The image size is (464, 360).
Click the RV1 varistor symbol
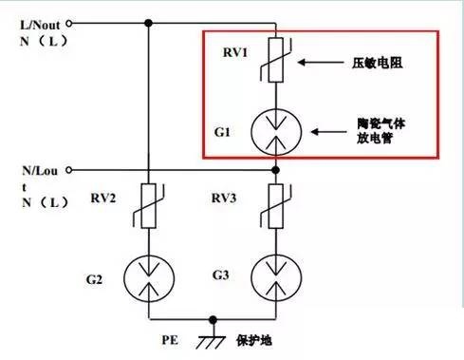(x=276, y=60)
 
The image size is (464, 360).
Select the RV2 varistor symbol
(x=148, y=206)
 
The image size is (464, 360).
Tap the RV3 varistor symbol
(x=276, y=206)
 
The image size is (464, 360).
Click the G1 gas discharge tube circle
(x=276, y=132)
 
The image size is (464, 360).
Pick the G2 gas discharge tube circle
(x=149, y=278)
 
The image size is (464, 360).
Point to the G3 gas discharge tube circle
(x=276, y=278)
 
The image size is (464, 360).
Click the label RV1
(x=235, y=52)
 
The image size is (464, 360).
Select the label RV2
(x=103, y=199)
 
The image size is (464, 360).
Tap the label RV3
(x=224, y=199)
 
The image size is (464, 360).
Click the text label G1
(x=222, y=132)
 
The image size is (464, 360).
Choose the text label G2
(x=94, y=279)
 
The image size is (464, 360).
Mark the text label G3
(x=220, y=275)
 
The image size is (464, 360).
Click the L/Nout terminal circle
(x=68, y=23)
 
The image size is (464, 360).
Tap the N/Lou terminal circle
(x=68, y=170)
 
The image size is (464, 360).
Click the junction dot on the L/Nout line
(x=148, y=23)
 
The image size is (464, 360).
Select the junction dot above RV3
(x=276, y=170)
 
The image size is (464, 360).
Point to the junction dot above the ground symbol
(x=213, y=320)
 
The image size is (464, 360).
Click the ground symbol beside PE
(x=211, y=340)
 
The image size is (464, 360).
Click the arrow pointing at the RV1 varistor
(x=321, y=63)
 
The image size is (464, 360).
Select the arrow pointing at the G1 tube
(x=328, y=132)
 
